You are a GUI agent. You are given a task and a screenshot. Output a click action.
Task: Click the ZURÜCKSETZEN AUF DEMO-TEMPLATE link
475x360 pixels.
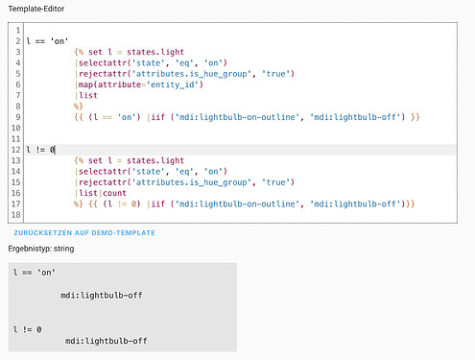pos(84,232)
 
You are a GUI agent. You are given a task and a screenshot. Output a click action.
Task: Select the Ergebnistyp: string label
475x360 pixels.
pos(47,250)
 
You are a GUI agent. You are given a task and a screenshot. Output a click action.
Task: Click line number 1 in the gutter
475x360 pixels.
pos(18,32)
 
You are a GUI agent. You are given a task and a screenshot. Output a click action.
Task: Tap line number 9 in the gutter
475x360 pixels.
pos(18,116)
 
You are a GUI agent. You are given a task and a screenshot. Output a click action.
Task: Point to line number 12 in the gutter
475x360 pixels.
pos(16,150)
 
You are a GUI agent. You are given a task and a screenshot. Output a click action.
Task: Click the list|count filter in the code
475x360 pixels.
pos(104,193)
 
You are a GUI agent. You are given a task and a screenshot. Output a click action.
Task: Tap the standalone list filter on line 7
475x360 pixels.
pos(87,95)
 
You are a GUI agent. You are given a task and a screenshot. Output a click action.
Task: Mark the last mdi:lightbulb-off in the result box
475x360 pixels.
pos(107,340)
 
